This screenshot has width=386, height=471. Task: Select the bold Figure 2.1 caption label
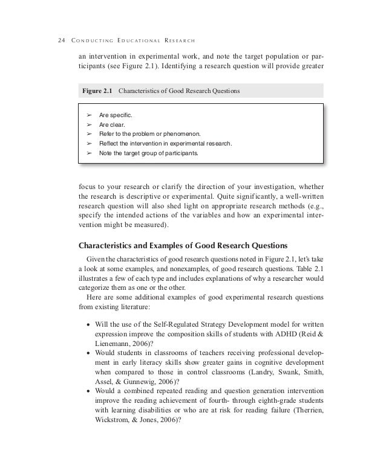97,91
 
